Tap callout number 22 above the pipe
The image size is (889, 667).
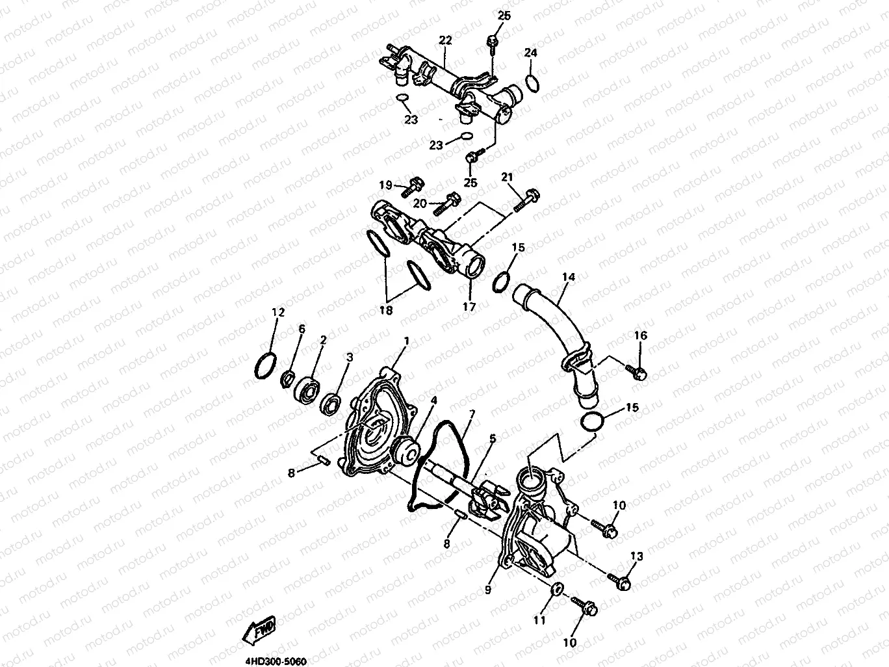pyautogui.click(x=444, y=41)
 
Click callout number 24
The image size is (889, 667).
pyautogui.click(x=531, y=53)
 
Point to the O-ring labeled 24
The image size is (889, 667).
pyautogui.click(x=531, y=83)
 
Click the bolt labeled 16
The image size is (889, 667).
pyautogui.click(x=637, y=371)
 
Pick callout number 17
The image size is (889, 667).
pyautogui.click(x=469, y=306)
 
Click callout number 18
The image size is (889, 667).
pyautogui.click(x=385, y=311)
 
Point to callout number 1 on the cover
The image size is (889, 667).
pyautogui.click(x=407, y=341)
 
